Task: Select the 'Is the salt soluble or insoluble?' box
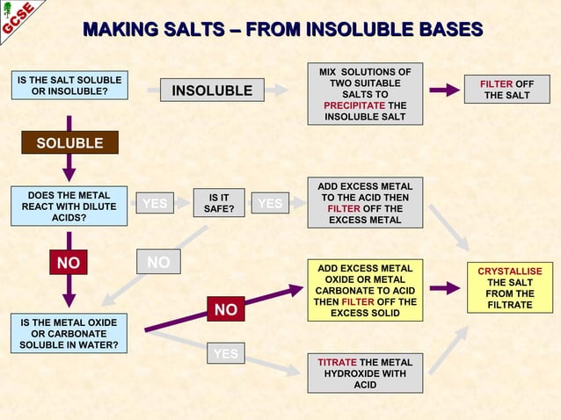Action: coord(69,88)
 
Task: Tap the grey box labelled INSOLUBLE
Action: coord(212,91)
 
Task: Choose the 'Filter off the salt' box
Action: coord(506,89)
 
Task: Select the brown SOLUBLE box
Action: coord(69,143)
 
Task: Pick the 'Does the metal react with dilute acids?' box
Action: coord(69,206)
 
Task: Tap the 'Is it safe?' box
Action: coord(218,204)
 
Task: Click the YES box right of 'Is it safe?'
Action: coord(270,204)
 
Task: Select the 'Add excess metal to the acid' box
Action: coord(364,203)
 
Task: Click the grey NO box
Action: coord(158,261)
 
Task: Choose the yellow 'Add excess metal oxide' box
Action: coord(364,290)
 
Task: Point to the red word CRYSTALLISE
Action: coord(509,272)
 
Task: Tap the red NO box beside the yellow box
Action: coord(226,309)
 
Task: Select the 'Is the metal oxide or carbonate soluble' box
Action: coord(69,334)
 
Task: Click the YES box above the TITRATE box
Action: coord(226,354)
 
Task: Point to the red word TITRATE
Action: coord(337,362)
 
